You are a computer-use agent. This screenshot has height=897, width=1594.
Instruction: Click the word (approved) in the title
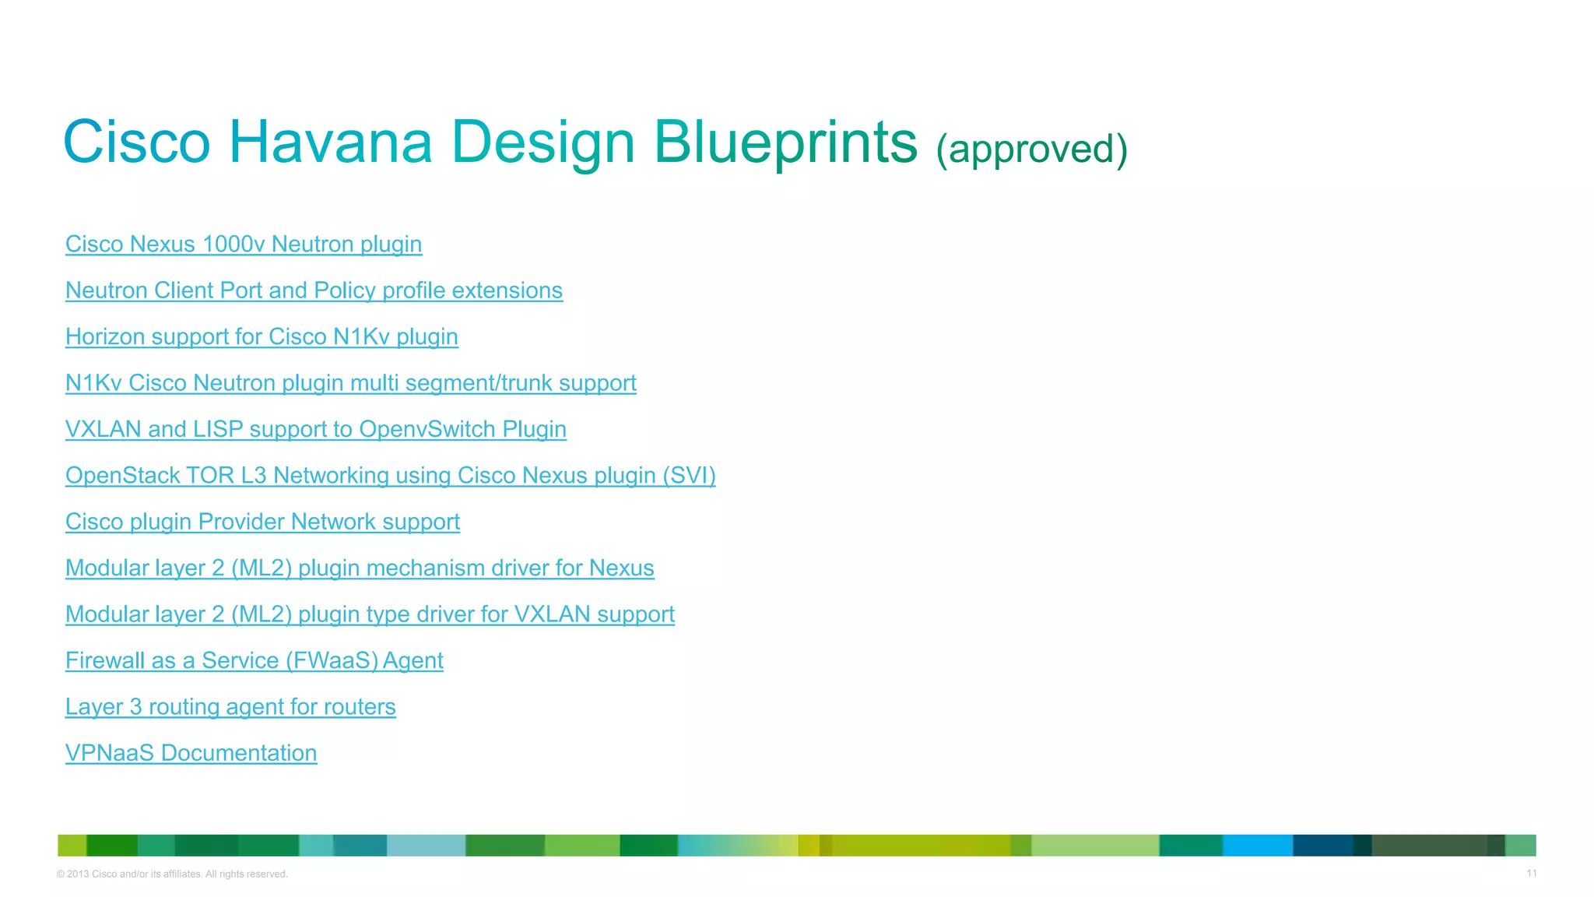[1031, 149]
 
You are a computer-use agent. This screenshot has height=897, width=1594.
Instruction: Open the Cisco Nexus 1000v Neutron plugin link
[244, 244]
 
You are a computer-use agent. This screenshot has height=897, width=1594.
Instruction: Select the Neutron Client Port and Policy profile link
[314, 290]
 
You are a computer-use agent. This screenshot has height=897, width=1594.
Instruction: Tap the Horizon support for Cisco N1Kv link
[262, 337]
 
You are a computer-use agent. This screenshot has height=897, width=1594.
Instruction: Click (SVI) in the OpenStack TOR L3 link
[689, 476]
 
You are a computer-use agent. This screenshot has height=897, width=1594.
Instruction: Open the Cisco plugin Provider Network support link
[262, 522]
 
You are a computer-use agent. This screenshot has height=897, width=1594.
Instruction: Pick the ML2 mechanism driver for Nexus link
[360, 568]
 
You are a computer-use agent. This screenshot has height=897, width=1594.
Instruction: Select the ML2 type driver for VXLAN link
[370, 614]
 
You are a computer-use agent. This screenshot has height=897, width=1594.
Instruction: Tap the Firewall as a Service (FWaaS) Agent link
[254, 661]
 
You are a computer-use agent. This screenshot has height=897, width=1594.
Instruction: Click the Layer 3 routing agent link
[230, 707]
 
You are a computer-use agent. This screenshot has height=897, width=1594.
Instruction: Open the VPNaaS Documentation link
[191, 753]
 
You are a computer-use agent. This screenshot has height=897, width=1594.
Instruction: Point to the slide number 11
[1531, 874]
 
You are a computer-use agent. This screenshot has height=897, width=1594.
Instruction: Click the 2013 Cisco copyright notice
[172, 874]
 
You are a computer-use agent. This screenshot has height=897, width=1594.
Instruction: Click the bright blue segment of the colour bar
[1257, 846]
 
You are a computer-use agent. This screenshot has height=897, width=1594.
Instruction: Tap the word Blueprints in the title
[785, 142]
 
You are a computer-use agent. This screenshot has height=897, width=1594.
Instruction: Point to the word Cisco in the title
[136, 142]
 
